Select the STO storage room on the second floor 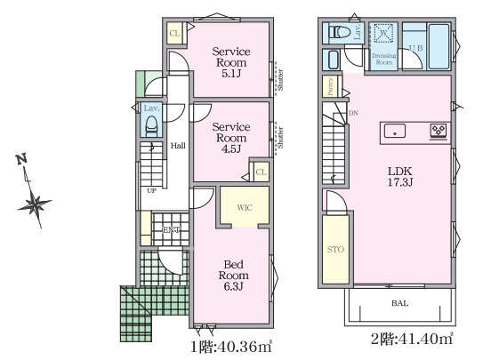pos(334,250)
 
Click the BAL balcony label pos(399,303)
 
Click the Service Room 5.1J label pos(230,63)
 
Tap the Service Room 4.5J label pos(230,138)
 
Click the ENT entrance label pos(172,229)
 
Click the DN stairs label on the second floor pos(353,113)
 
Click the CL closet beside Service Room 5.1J pos(174,34)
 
